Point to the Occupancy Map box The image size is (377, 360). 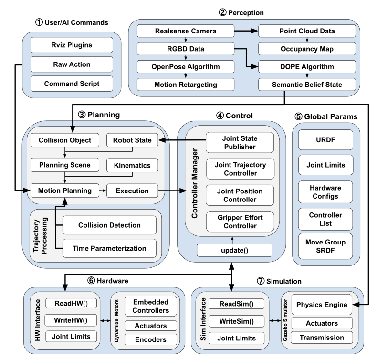click(x=307, y=49)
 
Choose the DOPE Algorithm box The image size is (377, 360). click(x=307, y=67)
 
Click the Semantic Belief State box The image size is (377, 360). click(x=307, y=85)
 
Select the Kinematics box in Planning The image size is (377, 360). click(x=131, y=166)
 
